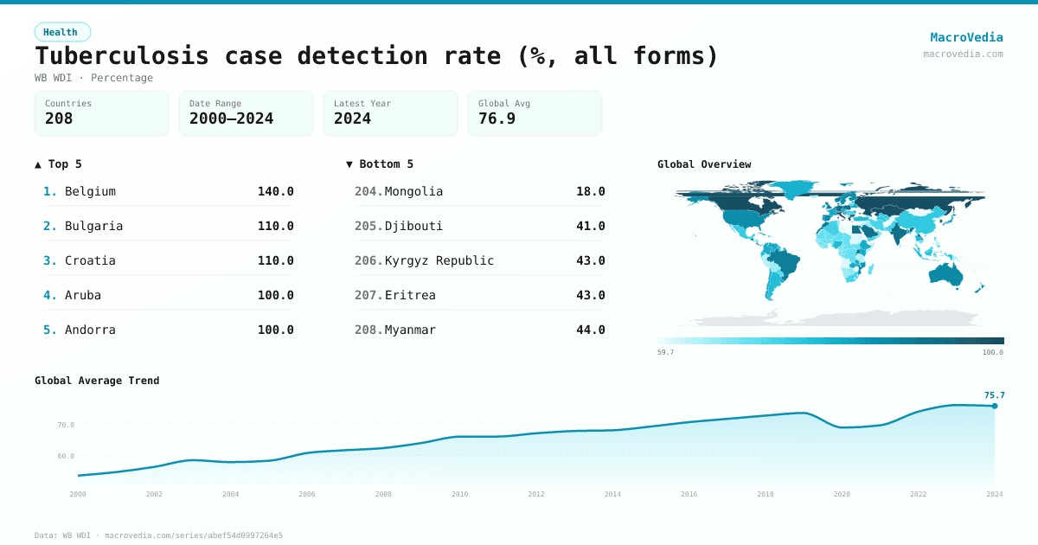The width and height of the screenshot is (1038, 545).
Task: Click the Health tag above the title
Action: tap(61, 32)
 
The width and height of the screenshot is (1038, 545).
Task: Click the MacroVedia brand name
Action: tap(966, 37)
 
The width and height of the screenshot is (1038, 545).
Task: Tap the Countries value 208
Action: tap(59, 119)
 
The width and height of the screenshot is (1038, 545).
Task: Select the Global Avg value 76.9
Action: tap(497, 119)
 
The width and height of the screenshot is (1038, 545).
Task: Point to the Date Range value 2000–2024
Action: tap(231, 119)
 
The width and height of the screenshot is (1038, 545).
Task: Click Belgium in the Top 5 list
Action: tap(90, 191)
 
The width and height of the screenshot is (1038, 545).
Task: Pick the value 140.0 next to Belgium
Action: tap(275, 191)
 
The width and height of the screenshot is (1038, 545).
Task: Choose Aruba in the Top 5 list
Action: tap(83, 295)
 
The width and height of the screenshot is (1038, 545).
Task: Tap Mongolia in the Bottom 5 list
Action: tap(413, 191)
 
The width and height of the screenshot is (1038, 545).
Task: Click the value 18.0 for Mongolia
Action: tap(590, 191)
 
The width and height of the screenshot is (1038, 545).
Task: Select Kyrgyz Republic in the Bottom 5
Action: tap(439, 260)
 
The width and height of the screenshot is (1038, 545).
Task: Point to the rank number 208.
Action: tap(368, 330)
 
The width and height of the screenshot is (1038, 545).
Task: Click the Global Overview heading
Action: tap(704, 164)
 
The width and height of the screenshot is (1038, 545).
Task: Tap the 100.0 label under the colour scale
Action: tap(993, 353)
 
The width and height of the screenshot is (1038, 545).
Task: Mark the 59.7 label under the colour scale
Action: tap(665, 353)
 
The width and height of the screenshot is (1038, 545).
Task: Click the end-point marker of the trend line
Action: tap(995, 406)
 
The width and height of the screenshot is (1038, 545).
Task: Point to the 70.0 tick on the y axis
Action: tap(66, 425)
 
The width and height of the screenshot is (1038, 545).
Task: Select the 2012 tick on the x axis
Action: tap(536, 494)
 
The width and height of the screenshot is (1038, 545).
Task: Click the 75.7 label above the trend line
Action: tap(994, 395)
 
